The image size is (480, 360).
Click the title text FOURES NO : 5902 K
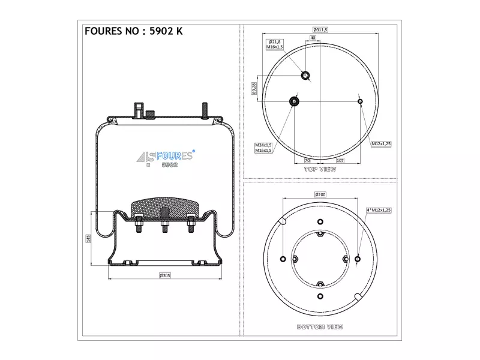coord(133,31)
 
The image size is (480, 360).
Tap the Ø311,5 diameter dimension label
coord(320,29)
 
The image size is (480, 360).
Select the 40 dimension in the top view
coord(313,38)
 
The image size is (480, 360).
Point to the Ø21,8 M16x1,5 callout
coord(275,44)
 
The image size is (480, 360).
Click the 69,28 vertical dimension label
coord(254,88)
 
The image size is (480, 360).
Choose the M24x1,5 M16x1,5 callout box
coord(263,148)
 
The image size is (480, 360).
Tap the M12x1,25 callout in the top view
coord(381,143)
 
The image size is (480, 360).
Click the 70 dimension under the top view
coord(307,160)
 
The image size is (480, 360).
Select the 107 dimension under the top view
coord(340,160)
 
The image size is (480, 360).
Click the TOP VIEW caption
coord(320,169)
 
